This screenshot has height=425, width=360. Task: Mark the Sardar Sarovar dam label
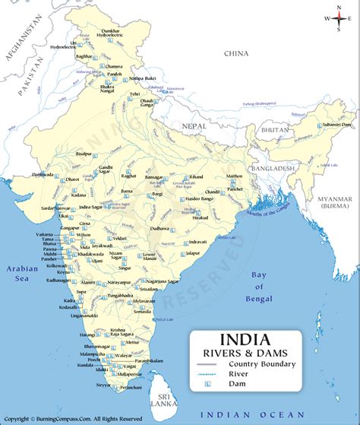tap(55, 207)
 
